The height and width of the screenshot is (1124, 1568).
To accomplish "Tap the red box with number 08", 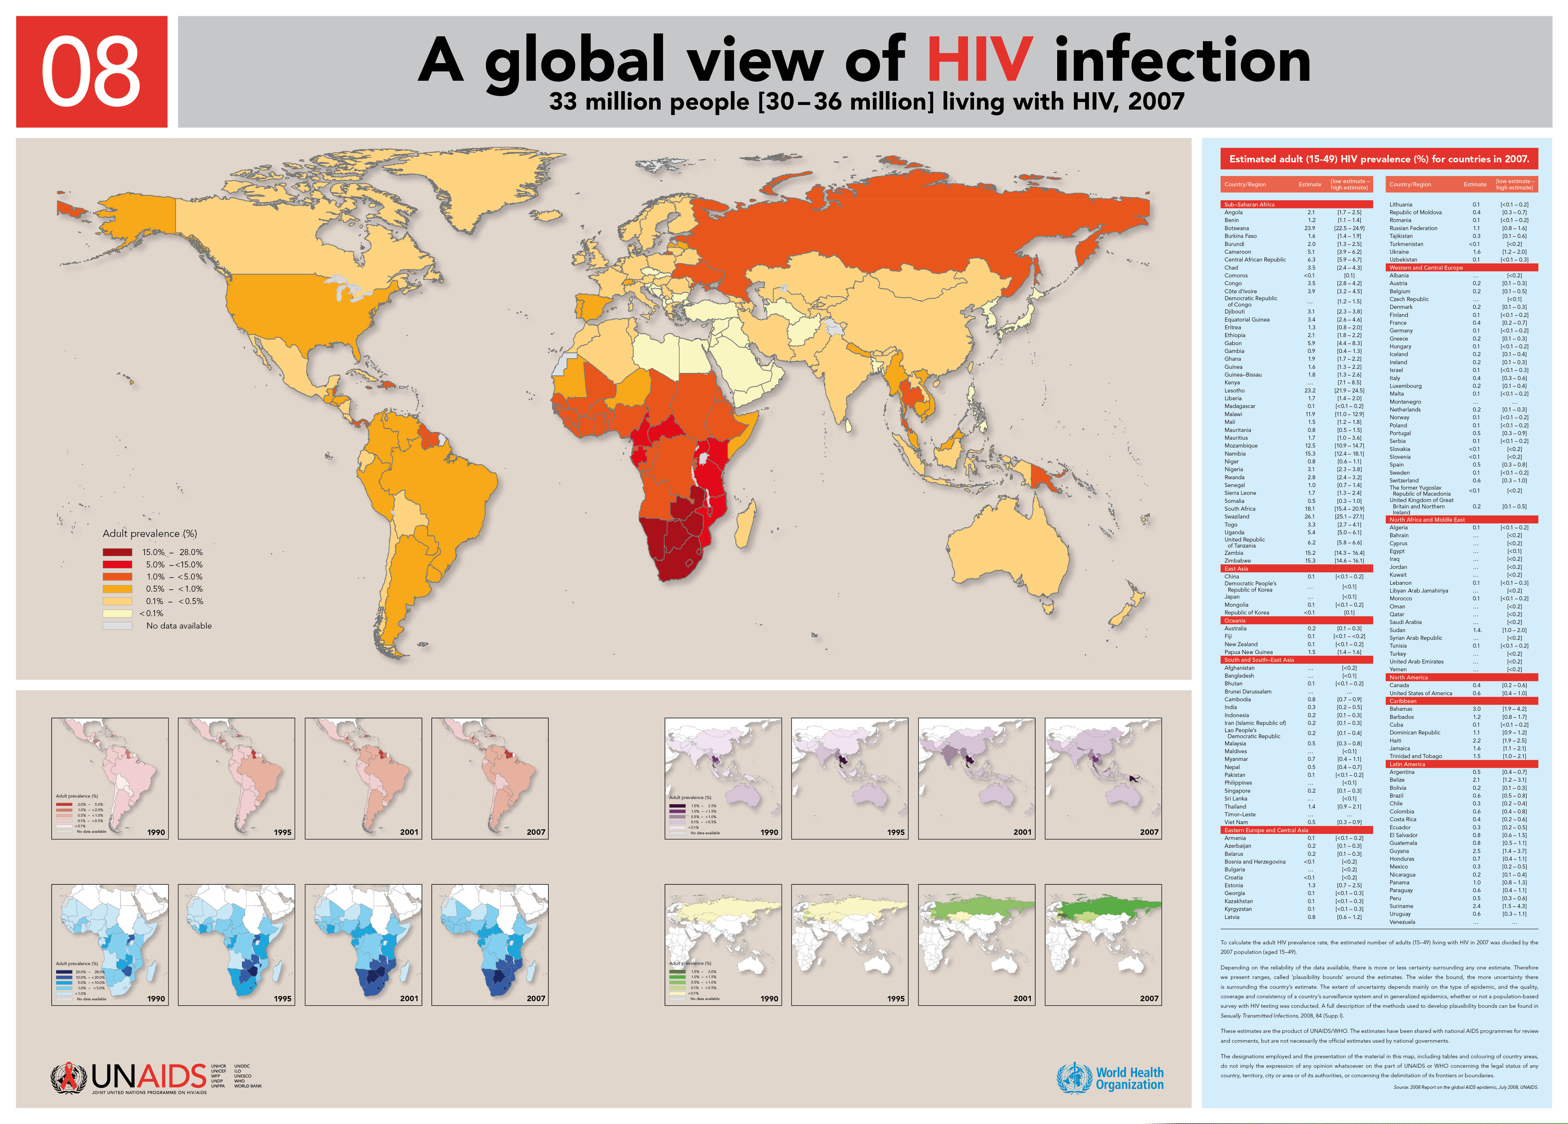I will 91,72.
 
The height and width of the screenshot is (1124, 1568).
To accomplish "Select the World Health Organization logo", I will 1110,1078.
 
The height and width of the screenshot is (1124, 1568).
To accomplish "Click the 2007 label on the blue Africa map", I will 536,998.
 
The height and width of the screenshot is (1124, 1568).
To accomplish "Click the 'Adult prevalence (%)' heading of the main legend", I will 149,533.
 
